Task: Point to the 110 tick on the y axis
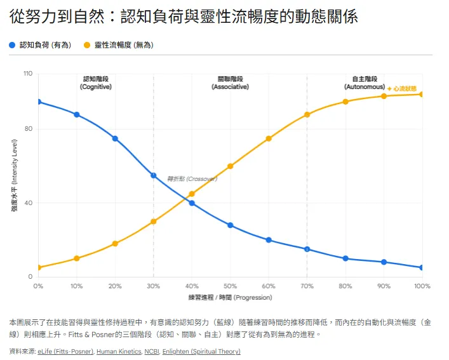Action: tap(27, 74)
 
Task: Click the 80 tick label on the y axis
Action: tap(29, 129)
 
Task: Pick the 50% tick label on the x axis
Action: tap(230, 286)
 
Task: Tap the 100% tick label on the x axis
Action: tap(422, 286)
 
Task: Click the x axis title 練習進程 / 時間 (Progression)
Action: tap(230, 297)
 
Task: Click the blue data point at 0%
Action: tap(38, 102)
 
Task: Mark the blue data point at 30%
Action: tap(154, 175)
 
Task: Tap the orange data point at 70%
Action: tap(307, 114)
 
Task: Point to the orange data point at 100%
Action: tap(422, 94)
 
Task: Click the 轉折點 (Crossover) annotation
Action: tap(192, 179)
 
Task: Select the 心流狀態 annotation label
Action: tap(406, 89)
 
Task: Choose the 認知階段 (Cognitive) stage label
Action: tap(96, 83)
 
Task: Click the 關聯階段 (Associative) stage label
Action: tap(230, 83)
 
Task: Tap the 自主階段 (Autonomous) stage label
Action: tap(365, 83)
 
